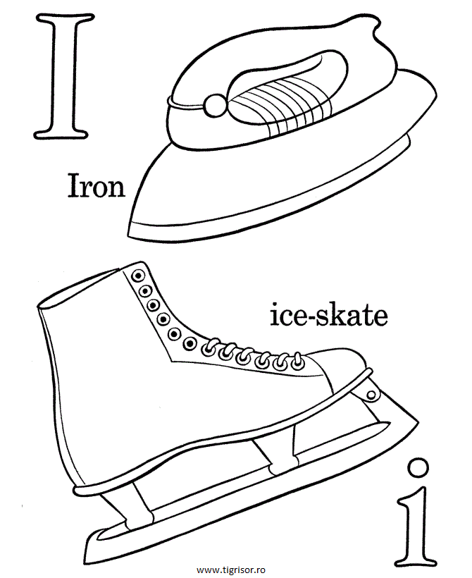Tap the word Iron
pyautogui.click(x=96, y=186)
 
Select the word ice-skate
pyautogui.click(x=329, y=315)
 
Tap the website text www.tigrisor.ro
pyautogui.click(x=232, y=569)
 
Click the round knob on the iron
pyautogui.click(x=214, y=106)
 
